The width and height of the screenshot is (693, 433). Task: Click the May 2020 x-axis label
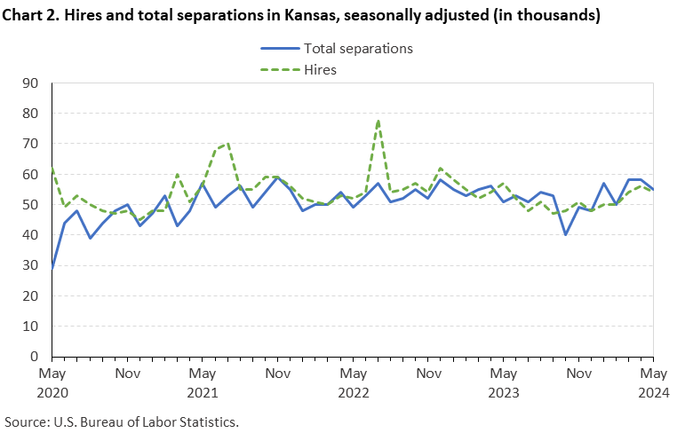52,382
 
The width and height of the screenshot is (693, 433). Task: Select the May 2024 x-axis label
653,382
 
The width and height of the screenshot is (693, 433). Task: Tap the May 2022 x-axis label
354,382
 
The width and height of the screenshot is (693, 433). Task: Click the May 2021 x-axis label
203,382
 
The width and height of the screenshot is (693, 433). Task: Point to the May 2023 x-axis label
503,382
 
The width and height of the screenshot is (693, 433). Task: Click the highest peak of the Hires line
378,121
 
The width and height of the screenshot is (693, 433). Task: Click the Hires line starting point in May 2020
52,168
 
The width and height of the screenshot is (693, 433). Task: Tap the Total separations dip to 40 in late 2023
566,234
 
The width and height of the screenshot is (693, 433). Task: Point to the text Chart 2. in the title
30,15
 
